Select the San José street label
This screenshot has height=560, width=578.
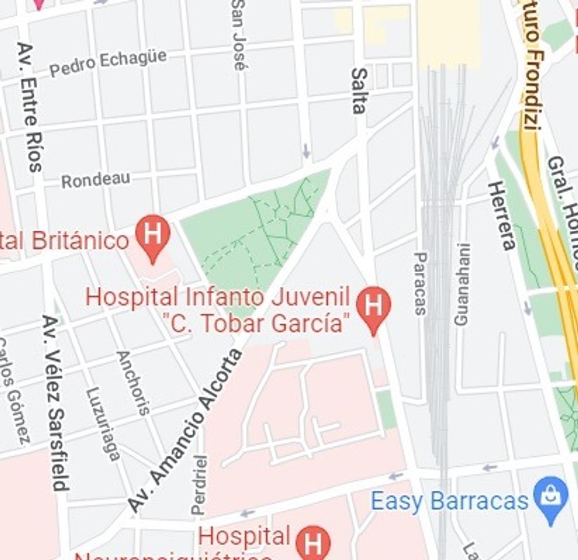coord(239,34)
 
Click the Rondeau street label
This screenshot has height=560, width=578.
coord(95,180)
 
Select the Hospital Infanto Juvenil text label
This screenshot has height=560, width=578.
coord(218,298)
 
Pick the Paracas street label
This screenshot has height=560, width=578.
coord(420,284)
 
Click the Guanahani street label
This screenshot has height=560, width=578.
coord(461,285)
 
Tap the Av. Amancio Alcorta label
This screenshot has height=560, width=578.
coord(186,430)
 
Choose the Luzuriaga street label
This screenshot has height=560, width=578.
coord(103,424)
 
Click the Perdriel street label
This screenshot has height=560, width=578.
coord(200,485)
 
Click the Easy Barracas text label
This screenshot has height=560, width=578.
coord(449,501)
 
